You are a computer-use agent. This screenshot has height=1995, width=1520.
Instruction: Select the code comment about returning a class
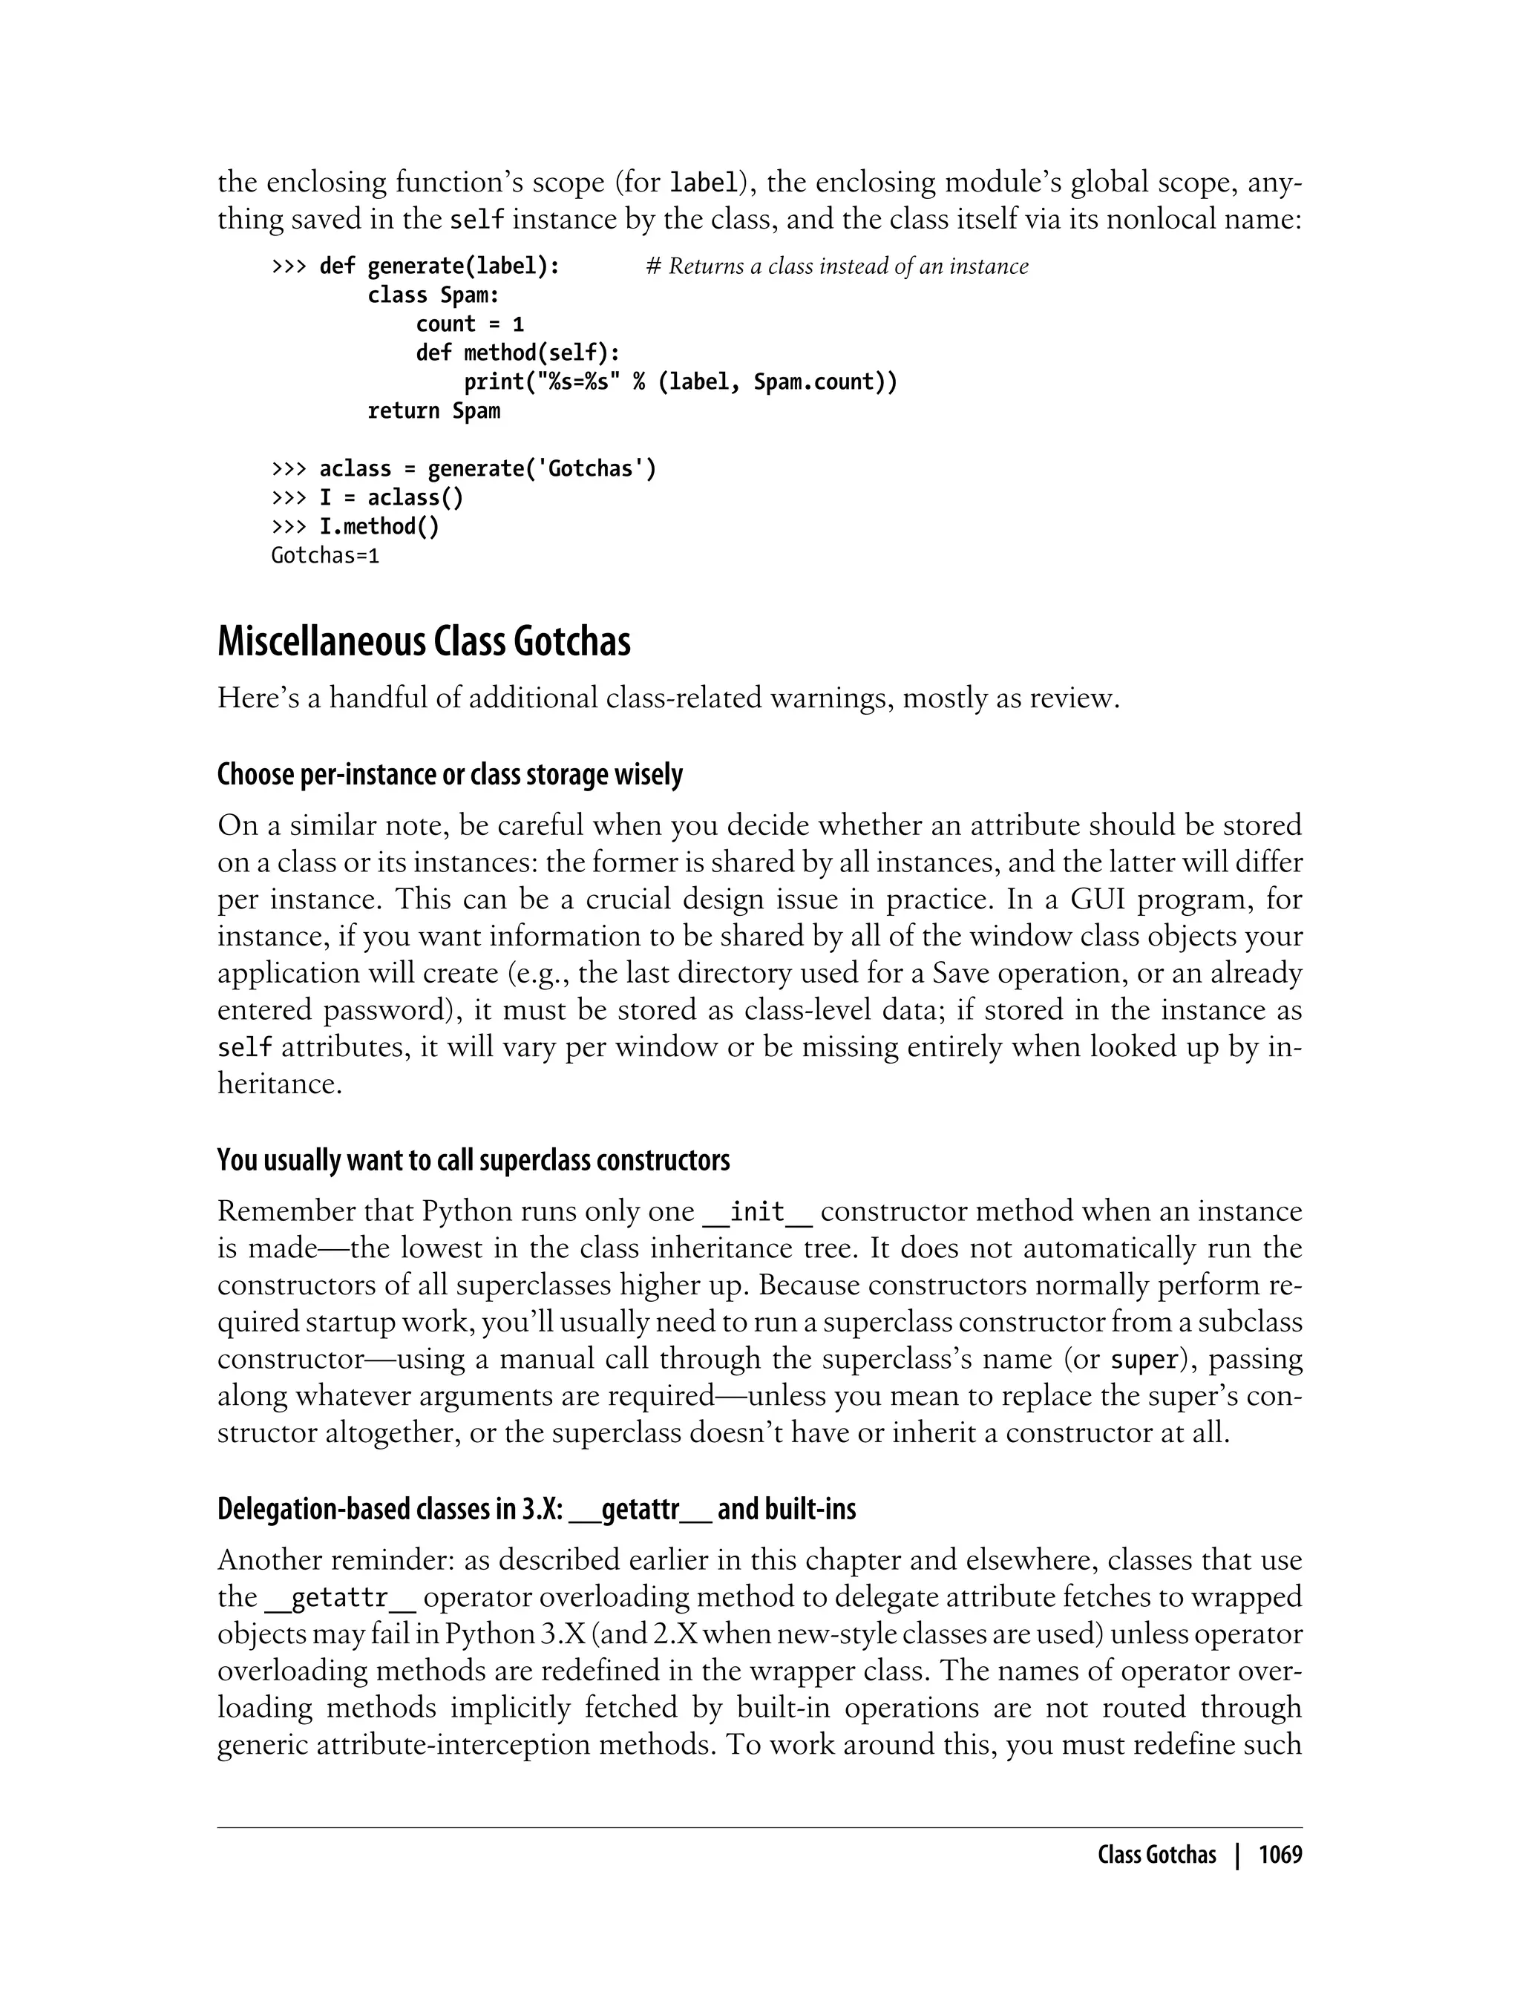[x=837, y=266]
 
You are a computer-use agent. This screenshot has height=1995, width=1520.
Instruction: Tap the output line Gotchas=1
[x=325, y=555]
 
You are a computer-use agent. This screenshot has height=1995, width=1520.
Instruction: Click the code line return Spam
[x=433, y=410]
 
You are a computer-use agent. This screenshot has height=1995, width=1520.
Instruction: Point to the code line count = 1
[x=470, y=324]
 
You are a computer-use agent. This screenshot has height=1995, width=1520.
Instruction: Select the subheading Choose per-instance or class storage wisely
[x=450, y=776]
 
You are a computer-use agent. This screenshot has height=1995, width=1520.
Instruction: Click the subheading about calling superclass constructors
[x=474, y=1160]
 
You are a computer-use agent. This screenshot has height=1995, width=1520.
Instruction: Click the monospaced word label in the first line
[x=702, y=183]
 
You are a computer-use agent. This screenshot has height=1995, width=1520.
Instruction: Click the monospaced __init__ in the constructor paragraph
[x=757, y=1211]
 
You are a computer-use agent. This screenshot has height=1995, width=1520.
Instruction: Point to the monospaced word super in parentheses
[x=1144, y=1360]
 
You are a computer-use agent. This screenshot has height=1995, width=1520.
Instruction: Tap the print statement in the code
[x=681, y=381]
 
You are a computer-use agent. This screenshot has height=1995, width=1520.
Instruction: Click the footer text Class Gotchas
[x=1156, y=1855]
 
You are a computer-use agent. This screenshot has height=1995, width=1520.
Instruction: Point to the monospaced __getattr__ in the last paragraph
[x=340, y=1598]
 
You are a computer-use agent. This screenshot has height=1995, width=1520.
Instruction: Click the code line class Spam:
[x=433, y=295]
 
